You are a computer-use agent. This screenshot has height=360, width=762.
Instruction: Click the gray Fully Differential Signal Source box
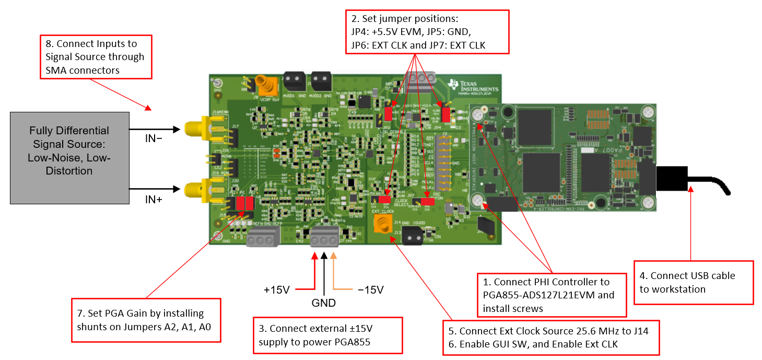point(69,157)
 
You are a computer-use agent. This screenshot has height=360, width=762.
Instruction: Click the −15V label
point(370,289)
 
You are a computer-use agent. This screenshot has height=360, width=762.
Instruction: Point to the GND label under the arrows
point(323,303)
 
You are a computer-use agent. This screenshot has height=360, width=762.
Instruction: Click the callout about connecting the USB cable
point(693,282)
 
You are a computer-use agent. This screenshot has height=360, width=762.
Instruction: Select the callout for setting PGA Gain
point(146,320)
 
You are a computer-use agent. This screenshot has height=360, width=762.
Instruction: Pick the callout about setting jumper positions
point(427,32)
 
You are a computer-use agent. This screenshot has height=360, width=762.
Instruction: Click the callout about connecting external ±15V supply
point(327,335)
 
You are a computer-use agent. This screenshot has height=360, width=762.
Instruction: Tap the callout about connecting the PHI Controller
point(552,295)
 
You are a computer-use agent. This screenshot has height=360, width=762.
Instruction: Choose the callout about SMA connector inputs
point(96,56)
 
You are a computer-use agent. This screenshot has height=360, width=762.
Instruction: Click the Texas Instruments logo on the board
point(473,86)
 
